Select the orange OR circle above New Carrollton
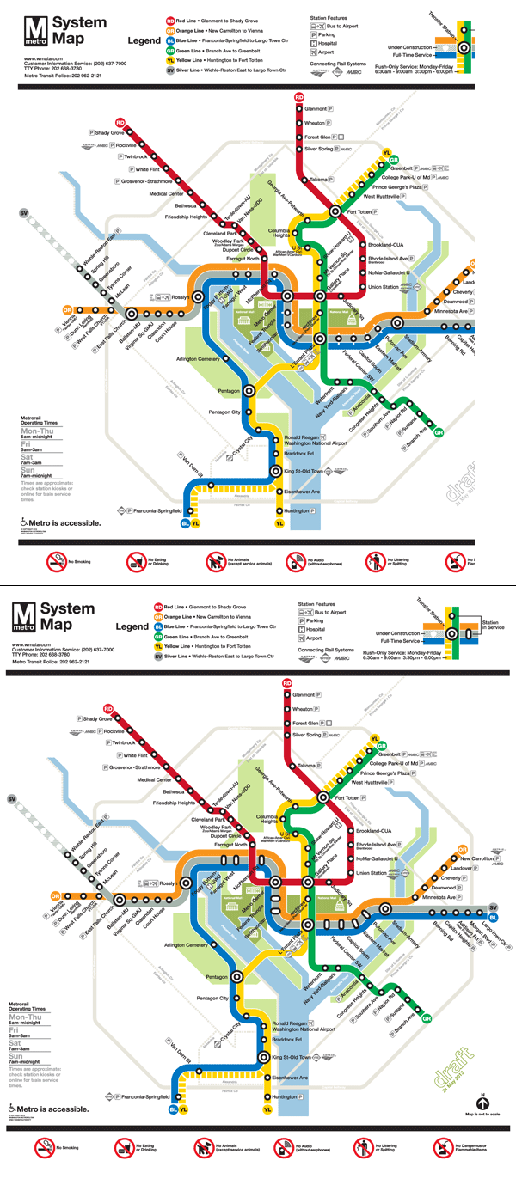click(x=463, y=850)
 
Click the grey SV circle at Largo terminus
click(x=493, y=908)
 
